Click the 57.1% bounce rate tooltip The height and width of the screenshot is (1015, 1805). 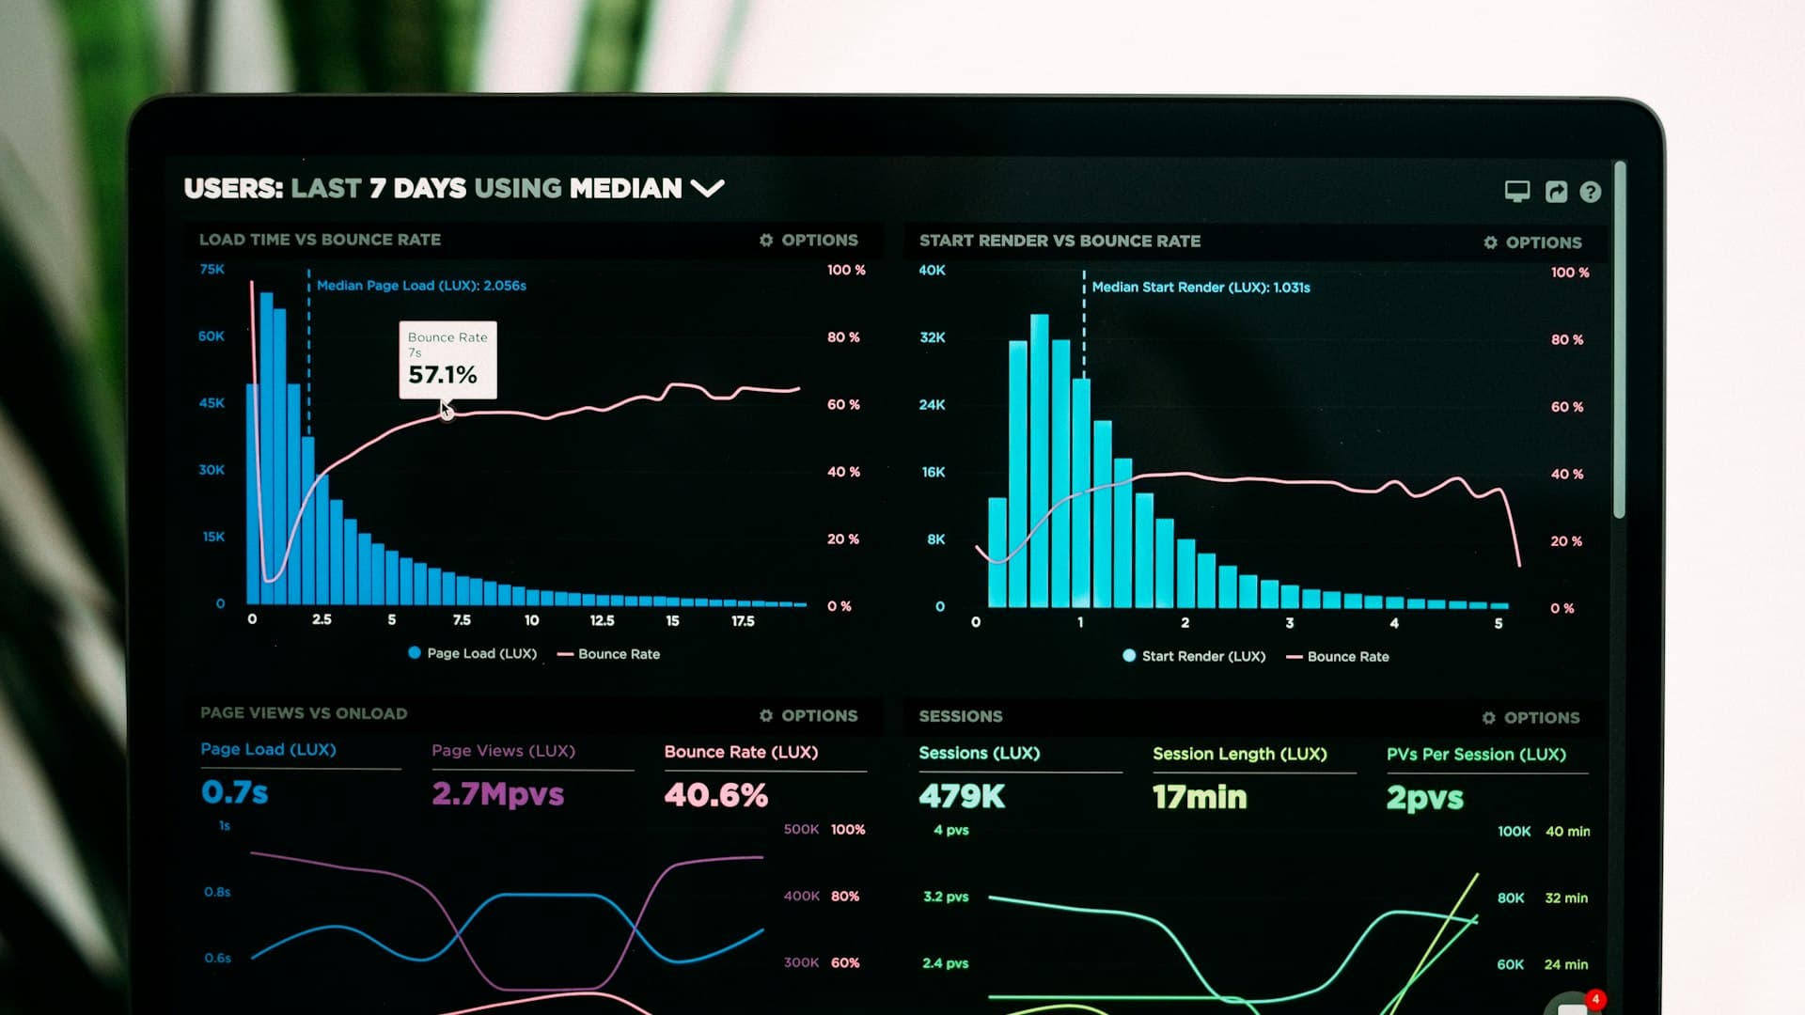[447, 361]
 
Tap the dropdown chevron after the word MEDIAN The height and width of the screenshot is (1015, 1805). [707, 189]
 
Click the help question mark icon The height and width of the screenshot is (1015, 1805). [1590, 192]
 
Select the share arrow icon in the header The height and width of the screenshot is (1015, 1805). [1556, 192]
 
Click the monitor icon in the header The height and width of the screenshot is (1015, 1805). [1516, 192]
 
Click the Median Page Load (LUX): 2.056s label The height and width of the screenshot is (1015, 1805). [421, 286]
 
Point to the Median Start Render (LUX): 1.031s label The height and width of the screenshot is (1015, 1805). [1201, 288]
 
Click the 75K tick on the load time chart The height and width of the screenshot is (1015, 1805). [212, 270]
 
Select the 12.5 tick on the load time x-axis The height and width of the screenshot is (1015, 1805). [602, 621]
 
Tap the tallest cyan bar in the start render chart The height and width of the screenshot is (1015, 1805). [1039, 461]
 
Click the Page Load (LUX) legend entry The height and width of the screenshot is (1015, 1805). [472, 653]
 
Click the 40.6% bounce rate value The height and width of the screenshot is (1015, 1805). [715, 795]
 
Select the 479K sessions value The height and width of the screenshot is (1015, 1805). [962, 797]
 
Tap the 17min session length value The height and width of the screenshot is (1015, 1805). [1200, 797]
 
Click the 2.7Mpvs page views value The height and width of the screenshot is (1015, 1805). [497, 794]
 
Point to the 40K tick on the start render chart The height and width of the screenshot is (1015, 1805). [932, 271]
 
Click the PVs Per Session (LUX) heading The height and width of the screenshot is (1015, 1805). [1476, 755]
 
